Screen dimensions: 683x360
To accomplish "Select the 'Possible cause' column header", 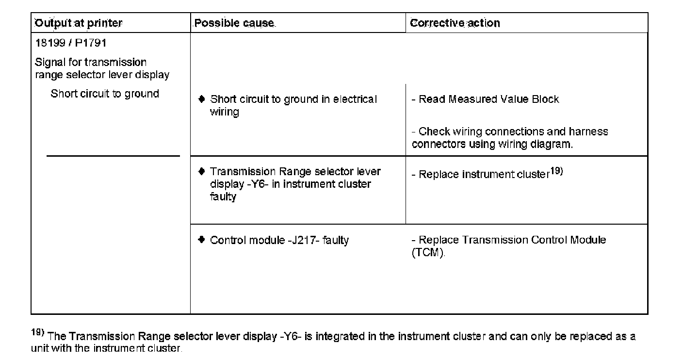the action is pyautogui.click(x=234, y=23).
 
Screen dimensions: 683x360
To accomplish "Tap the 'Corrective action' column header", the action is pyautogui.click(x=455, y=23).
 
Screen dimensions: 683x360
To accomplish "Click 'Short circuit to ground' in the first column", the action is pyautogui.click(x=105, y=94).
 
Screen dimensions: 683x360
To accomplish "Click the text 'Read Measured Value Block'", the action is pyautogui.click(x=488, y=99).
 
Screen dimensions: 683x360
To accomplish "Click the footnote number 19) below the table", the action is pyautogui.click(x=38, y=333).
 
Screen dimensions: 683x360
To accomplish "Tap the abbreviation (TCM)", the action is pyautogui.click(x=428, y=253).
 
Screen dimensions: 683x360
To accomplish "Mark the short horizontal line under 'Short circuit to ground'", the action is pyautogui.click(x=113, y=156).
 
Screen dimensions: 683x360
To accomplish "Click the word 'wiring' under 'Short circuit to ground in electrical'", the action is pyautogui.click(x=224, y=112).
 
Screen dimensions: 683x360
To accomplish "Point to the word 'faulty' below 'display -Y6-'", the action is pyautogui.click(x=223, y=197).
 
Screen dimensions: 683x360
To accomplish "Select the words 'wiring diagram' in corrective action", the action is pyautogui.click(x=535, y=145).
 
